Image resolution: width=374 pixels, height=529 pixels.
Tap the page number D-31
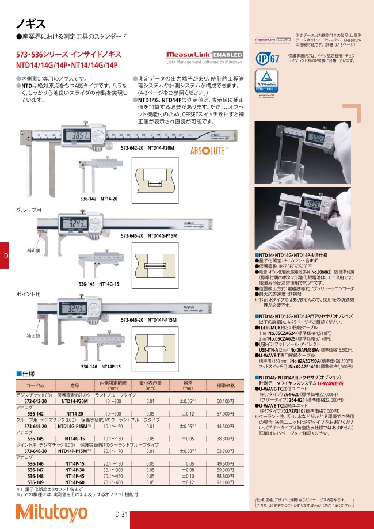coord(121,514)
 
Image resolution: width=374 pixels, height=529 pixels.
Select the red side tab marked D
coord(5,256)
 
